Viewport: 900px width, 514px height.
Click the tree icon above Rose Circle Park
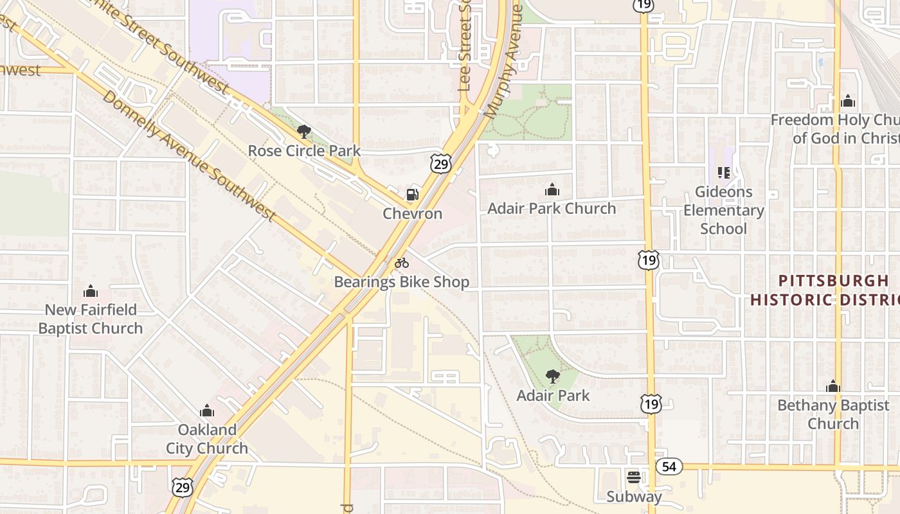coord(304,132)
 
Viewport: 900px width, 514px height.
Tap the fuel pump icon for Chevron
coord(412,195)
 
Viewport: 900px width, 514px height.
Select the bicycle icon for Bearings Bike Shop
coord(402,263)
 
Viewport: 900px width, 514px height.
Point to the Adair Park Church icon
coord(552,190)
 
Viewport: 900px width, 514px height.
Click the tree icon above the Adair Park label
coord(552,377)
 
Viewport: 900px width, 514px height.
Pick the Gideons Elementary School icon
coord(723,173)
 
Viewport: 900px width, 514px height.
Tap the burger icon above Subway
coord(634,477)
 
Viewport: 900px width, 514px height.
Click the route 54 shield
coord(669,466)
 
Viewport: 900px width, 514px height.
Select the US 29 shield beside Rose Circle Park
coord(441,164)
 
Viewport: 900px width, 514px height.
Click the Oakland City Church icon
coord(207,411)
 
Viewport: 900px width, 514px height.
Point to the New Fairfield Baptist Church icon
coord(91,291)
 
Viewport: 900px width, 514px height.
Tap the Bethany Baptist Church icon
coord(833,386)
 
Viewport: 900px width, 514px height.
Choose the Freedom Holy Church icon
coord(848,101)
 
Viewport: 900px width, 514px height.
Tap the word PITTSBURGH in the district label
coord(834,281)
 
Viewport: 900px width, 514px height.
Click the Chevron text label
coord(413,213)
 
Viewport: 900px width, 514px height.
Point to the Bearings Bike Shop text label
coord(402,282)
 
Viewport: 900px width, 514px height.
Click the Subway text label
coord(634,497)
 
